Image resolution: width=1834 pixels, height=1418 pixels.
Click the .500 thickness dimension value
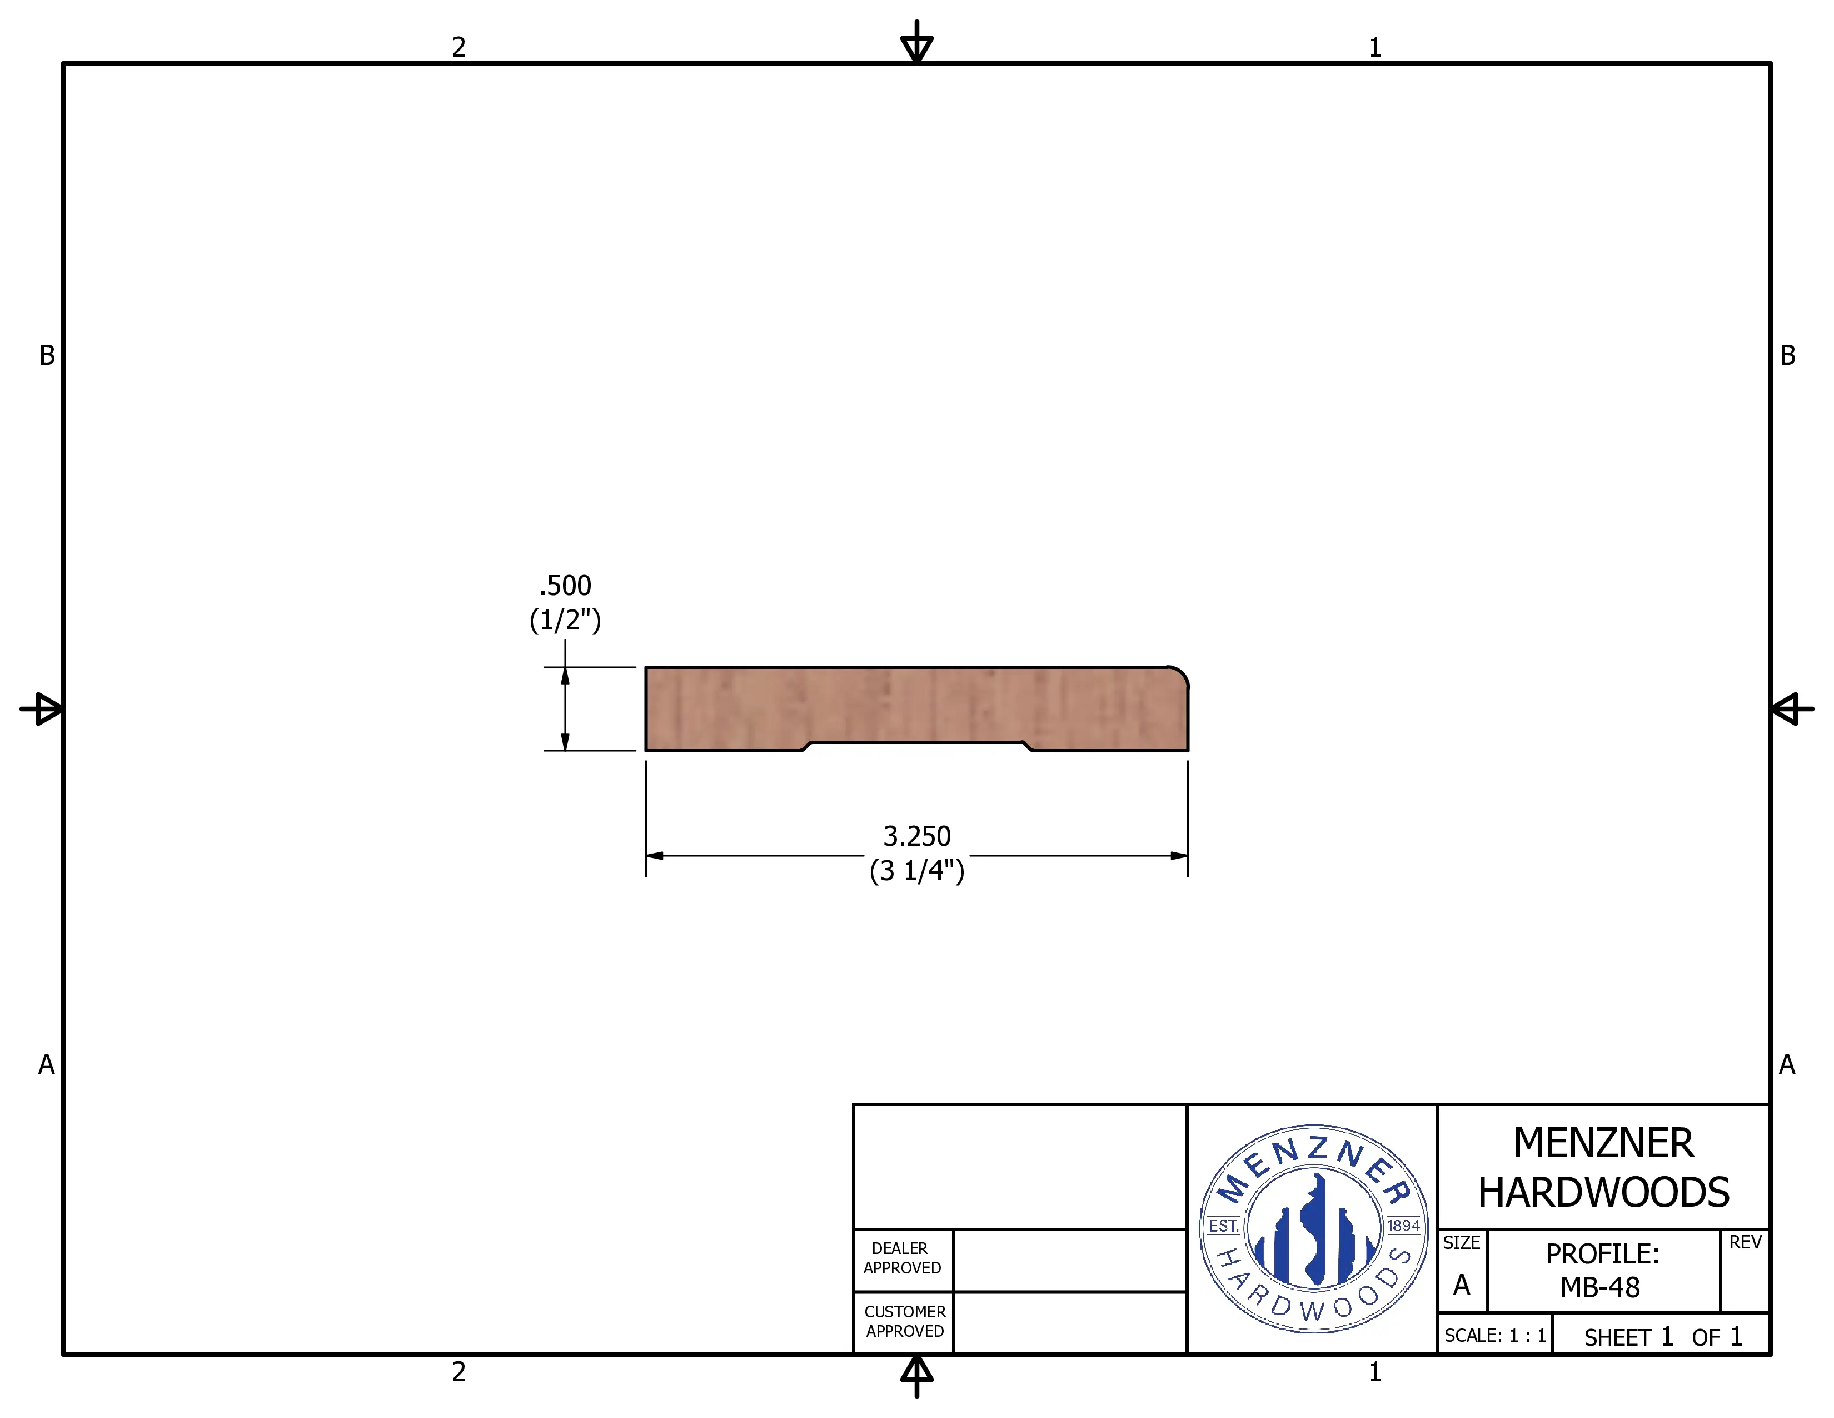(x=565, y=586)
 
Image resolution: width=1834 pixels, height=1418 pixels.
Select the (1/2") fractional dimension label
(x=565, y=621)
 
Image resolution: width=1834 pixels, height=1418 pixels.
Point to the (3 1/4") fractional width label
(x=917, y=870)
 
